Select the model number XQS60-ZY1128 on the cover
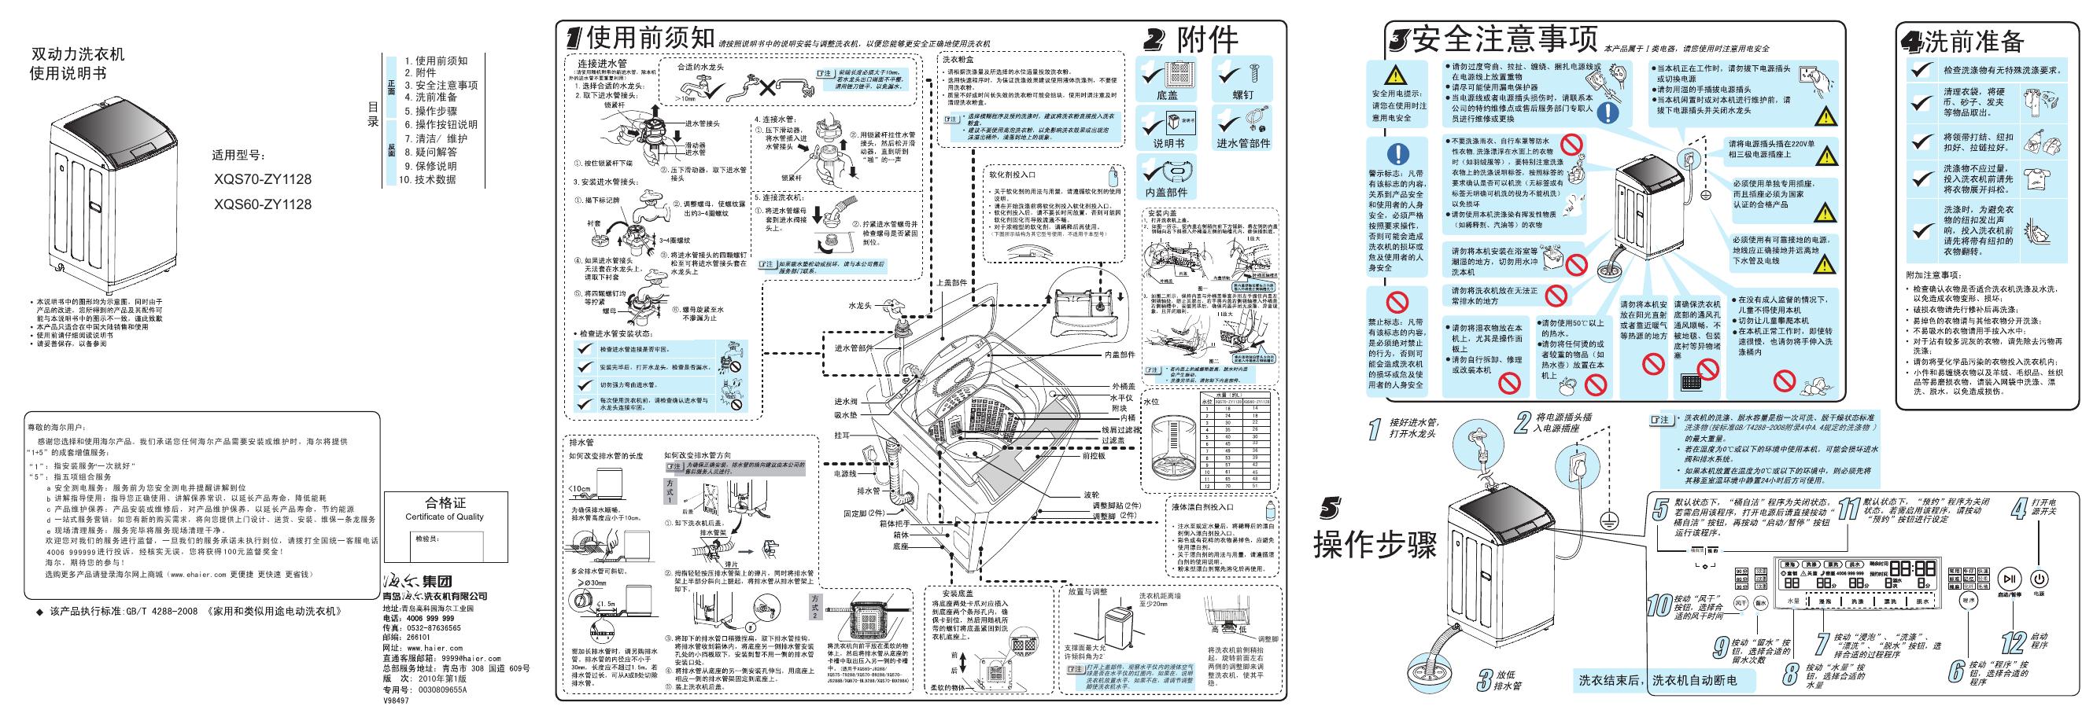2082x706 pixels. coord(263,204)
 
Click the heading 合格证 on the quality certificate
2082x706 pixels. coord(445,503)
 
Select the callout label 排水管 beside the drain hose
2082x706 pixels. coord(867,491)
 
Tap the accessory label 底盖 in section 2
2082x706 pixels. coord(1166,95)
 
